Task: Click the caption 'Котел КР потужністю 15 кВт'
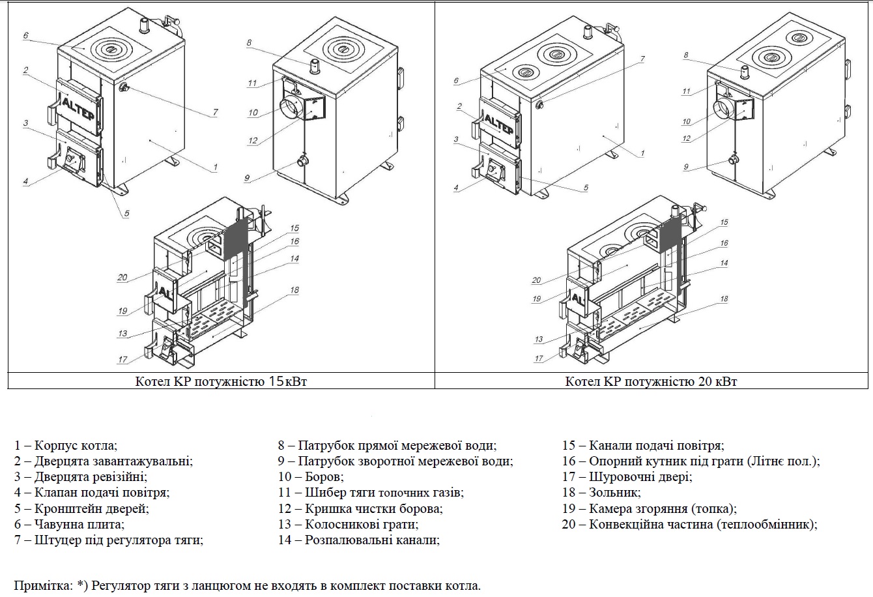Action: [x=221, y=381]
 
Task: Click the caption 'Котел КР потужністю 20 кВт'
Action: [x=651, y=381]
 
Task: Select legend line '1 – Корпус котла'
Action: [x=66, y=446]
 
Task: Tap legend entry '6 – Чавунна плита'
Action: [x=69, y=524]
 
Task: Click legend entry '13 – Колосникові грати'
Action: [x=348, y=524]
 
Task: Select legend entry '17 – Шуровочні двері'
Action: [x=627, y=477]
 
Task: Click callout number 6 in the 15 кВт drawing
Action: [x=25, y=36]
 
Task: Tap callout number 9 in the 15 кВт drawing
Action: [x=247, y=178]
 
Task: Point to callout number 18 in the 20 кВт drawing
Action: [x=724, y=299]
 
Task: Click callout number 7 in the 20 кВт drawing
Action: [x=642, y=59]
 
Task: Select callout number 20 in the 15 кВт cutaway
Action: [x=122, y=278]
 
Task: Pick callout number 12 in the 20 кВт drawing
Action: [x=686, y=139]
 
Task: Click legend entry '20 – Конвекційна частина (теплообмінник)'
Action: [x=689, y=524]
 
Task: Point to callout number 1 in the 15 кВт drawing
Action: [x=215, y=167]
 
